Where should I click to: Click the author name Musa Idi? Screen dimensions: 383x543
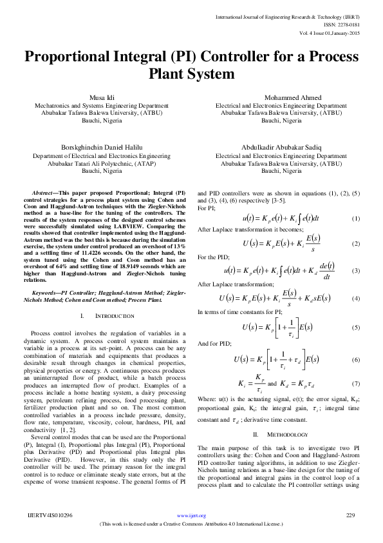95,97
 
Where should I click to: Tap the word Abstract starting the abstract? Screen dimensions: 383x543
44,193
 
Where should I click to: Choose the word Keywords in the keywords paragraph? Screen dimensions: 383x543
46,293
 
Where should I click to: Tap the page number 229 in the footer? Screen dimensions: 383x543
351,515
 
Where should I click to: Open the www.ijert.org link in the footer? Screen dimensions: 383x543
191,516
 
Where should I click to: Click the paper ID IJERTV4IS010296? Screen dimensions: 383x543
50,515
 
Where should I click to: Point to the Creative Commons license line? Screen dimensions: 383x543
191,524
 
